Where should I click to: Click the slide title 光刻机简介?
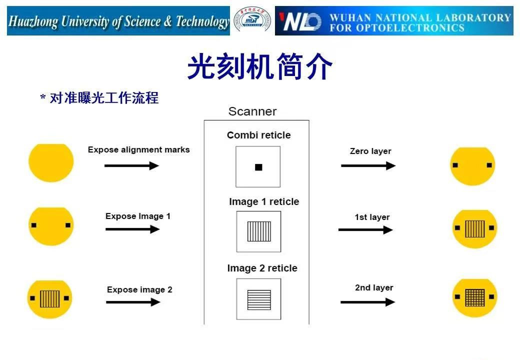pyautogui.click(x=259, y=67)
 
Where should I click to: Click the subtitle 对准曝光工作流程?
pyautogui.click(x=103, y=98)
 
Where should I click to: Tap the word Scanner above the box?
pyautogui.click(x=252, y=111)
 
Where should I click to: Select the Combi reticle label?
pyautogui.click(x=258, y=135)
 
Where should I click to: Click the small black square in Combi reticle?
pyautogui.click(x=258, y=167)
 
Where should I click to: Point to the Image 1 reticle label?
pyautogui.click(x=264, y=201)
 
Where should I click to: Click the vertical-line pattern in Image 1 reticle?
pyautogui.click(x=258, y=231)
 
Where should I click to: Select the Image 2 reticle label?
pyautogui.click(x=262, y=268)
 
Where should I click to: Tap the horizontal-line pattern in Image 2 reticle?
pyautogui.click(x=259, y=299)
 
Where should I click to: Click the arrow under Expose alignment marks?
pyautogui.click(x=131, y=165)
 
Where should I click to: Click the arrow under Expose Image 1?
pyautogui.click(x=132, y=229)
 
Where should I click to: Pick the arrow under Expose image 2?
pyautogui.click(x=133, y=302)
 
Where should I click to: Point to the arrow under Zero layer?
pyautogui.click(x=368, y=165)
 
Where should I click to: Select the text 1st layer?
pyautogui.click(x=372, y=217)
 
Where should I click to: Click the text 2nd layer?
pyautogui.click(x=374, y=287)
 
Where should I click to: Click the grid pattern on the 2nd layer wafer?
pyautogui.click(x=474, y=298)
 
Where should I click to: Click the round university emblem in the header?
pyautogui.click(x=252, y=21)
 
